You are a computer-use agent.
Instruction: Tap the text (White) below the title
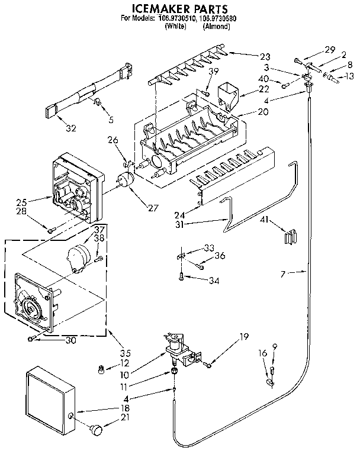[176, 27]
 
